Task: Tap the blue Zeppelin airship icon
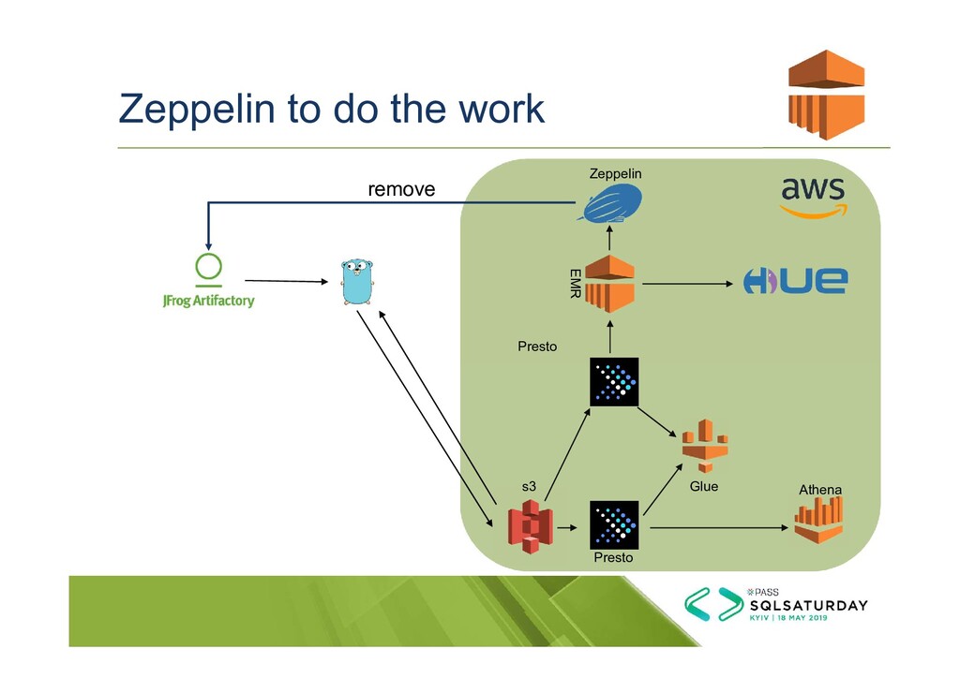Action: [x=611, y=202]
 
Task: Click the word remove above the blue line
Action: [x=401, y=189]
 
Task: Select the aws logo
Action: [x=813, y=197]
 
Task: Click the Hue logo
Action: [x=795, y=281]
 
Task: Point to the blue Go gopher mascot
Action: [x=356, y=282]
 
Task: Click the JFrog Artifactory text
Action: [x=208, y=302]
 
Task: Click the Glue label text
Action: [x=703, y=486]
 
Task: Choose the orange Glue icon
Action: [x=704, y=446]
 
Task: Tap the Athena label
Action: [x=819, y=490]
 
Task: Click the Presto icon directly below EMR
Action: [x=614, y=381]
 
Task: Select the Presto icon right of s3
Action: [x=614, y=525]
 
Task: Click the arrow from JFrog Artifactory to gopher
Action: [x=285, y=281]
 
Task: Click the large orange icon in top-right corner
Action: [x=825, y=95]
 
